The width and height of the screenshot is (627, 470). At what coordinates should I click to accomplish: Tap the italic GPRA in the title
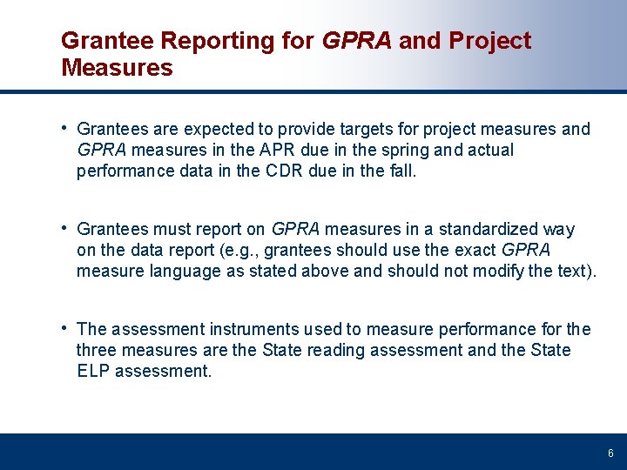(x=357, y=41)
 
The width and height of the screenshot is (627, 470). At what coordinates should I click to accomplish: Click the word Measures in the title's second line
(x=117, y=68)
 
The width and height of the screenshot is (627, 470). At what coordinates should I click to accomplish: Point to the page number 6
(x=610, y=453)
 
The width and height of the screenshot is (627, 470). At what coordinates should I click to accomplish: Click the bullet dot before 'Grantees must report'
(x=65, y=228)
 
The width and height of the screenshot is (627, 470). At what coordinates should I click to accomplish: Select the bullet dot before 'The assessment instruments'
(x=65, y=328)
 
